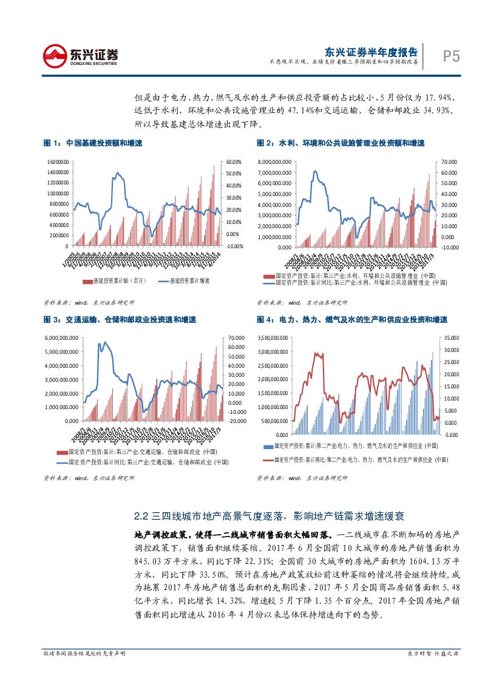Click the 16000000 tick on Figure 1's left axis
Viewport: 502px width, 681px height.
58,162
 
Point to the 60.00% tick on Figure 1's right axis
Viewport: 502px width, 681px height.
234,162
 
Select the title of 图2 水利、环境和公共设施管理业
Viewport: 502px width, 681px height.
340,143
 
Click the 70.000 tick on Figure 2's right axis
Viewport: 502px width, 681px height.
449,162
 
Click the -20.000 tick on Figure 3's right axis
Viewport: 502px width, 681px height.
236,420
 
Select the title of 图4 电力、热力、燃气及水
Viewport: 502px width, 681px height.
351,319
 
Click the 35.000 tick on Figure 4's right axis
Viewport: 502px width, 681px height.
450,337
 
